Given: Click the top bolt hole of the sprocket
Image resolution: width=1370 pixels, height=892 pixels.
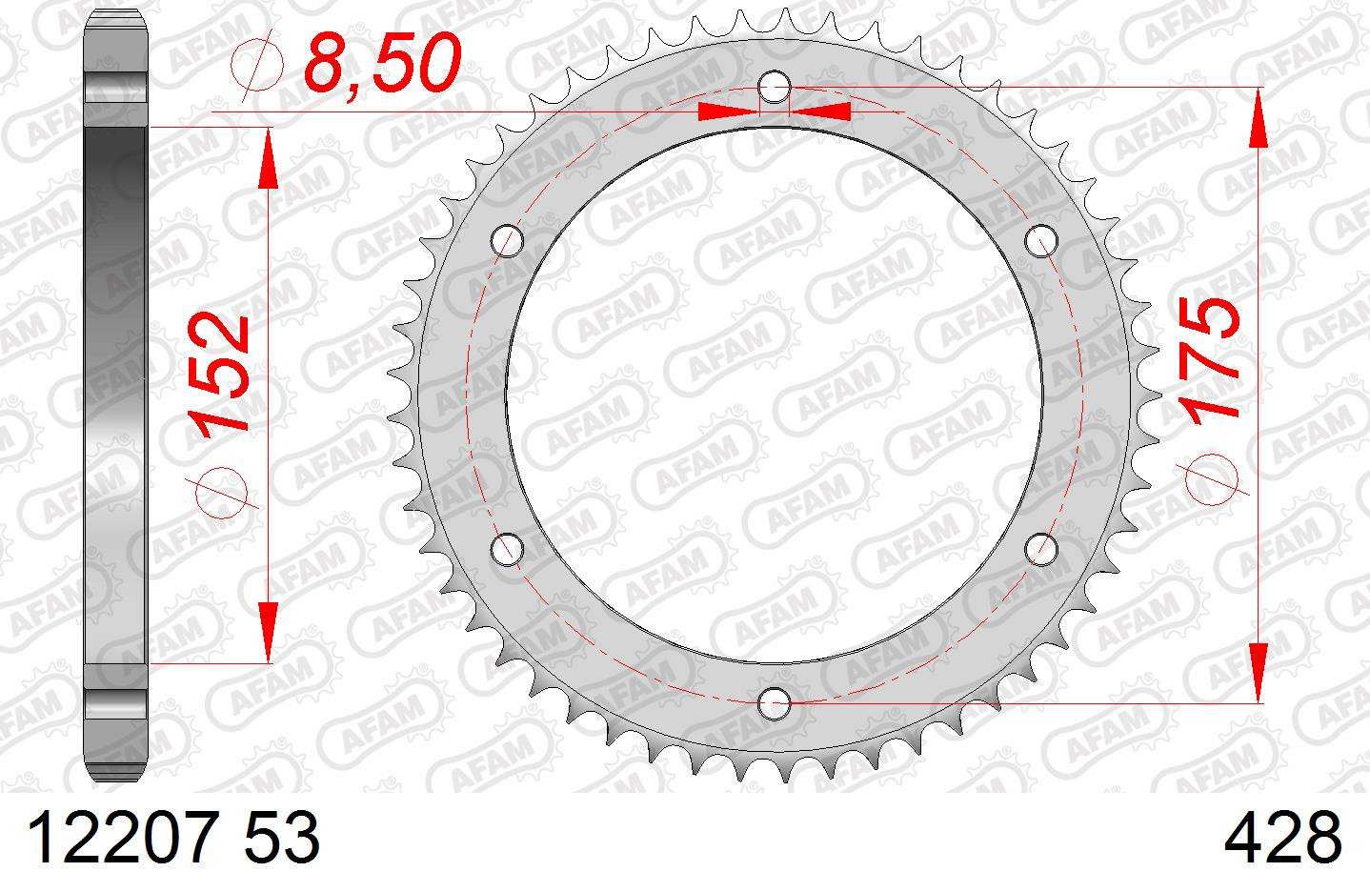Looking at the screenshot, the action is pyautogui.click(x=775, y=88).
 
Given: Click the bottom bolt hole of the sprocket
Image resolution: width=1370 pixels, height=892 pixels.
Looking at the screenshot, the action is pyautogui.click(x=774, y=703).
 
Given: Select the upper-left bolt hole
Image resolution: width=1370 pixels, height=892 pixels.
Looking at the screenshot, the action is pyautogui.click(x=507, y=240).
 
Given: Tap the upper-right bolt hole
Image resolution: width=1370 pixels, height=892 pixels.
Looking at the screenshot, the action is pyautogui.click(x=1041, y=240).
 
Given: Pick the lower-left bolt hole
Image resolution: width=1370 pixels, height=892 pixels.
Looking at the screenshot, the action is pyautogui.click(x=507, y=549).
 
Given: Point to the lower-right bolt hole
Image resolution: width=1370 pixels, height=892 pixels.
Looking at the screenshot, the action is pyautogui.click(x=1041, y=549).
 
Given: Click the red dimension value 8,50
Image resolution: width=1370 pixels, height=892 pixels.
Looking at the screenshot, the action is pyautogui.click(x=382, y=63).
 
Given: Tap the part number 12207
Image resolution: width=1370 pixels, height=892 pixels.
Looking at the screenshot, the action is pyautogui.click(x=122, y=837).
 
